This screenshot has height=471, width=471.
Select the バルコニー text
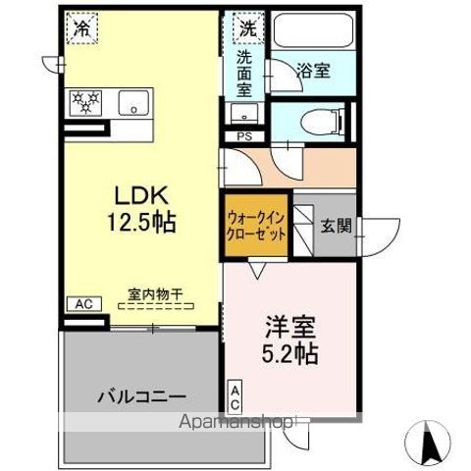[x=140, y=397]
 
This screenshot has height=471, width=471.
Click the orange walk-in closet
[x=256, y=228]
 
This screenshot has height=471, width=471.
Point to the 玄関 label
[x=336, y=226]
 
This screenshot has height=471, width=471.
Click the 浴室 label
[x=314, y=71]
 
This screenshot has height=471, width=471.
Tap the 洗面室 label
[x=244, y=72]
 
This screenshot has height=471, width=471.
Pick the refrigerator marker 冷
[x=82, y=27]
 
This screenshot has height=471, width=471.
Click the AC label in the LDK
[x=81, y=304]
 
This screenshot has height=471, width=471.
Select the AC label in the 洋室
[x=235, y=397]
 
